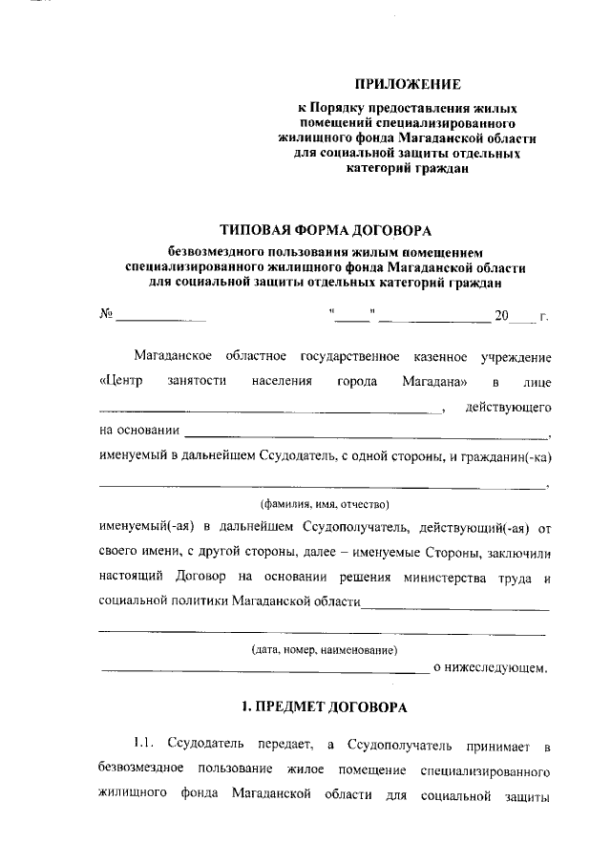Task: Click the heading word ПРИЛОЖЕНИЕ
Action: [407, 84]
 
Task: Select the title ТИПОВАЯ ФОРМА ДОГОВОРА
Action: [325, 229]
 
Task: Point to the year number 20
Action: [501, 314]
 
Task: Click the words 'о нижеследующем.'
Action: [491, 668]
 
